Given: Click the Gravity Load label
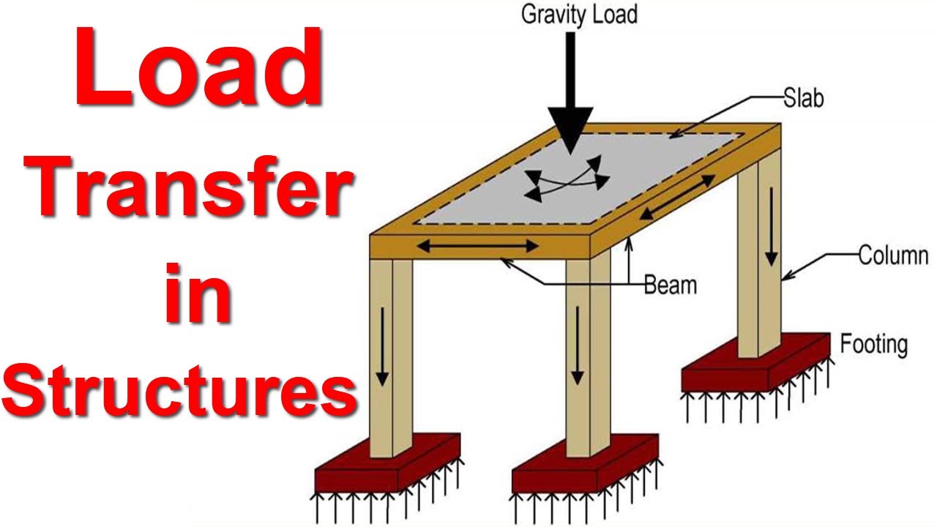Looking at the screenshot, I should pyautogui.click(x=579, y=15).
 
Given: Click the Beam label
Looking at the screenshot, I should pyautogui.click(x=670, y=285).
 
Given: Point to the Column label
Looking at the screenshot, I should pyautogui.click(x=893, y=256).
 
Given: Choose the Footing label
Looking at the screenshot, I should pyautogui.click(x=873, y=344).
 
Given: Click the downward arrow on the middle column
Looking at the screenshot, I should pyautogui.click(x=578, y=344).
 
